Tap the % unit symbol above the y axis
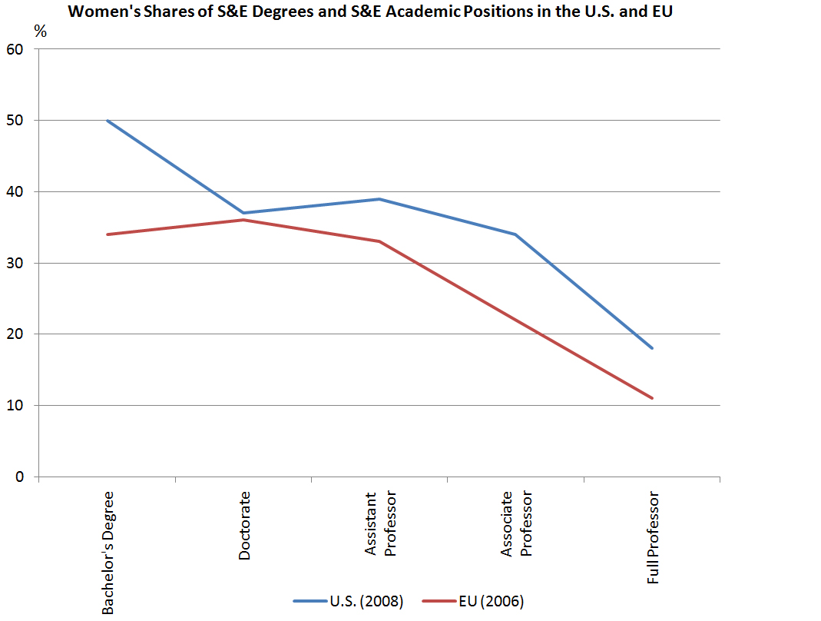(x=40, y=32)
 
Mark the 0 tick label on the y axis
(x=22, y=477)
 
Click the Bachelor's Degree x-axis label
(x=108, y=553)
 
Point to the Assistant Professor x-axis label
(x=380, y=524)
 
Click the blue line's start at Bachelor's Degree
(x=108, y=121)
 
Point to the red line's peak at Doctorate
(x=243, y=220)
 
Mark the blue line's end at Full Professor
(x=652, y=348)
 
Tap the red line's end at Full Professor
(x=652, y=398)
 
